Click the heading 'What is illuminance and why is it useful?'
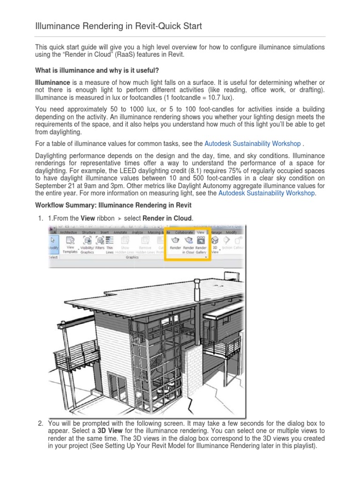click(x=97, y=70)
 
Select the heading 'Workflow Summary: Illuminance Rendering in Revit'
click(x=113, y=206)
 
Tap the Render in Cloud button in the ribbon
click(x=188, y=244)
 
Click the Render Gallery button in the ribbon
click(x=201, y=244)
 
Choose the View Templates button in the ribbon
click(x=70, y=244)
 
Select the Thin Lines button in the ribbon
click(x=110, y=244)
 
